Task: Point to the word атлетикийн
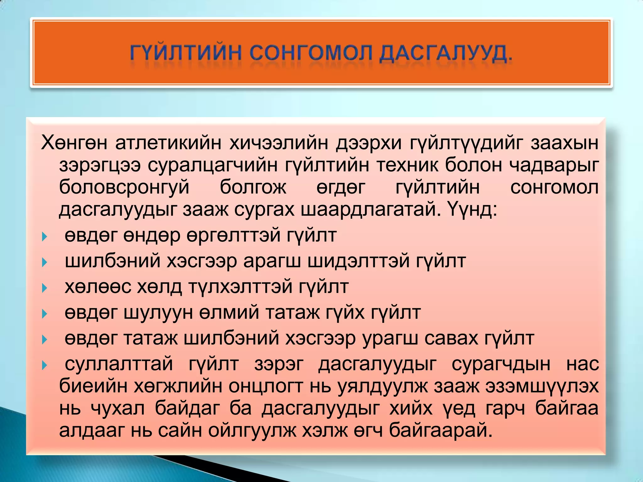pyautogui.click(x=168, y=143)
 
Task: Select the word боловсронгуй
pyautogui.click(x=124, y=188)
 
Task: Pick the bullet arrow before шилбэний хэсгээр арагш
pyautogui.click(x=44, y=262)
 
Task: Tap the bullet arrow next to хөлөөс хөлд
pyautogui.click(x=44, y=288)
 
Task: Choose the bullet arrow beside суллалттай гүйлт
pyautogui.click(x=44, y=365)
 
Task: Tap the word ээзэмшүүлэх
pyautogui.click(x=542, y=387)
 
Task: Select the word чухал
pyautogui.click(x=118, y=409)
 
